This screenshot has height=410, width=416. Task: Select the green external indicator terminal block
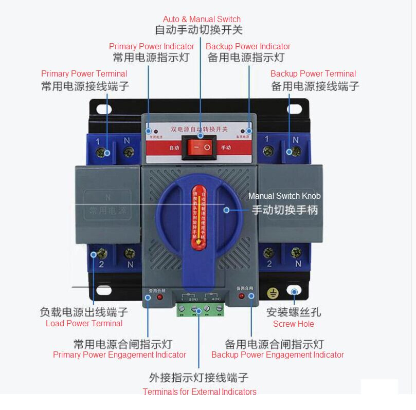[201, 309]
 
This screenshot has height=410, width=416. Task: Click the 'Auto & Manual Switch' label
[202, 20]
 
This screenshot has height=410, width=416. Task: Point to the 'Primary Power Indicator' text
[152, 46]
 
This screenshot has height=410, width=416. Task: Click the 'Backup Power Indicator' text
[248, 46]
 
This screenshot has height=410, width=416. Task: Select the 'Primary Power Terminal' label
[84, 74]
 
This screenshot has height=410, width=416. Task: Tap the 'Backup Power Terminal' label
[313, 74]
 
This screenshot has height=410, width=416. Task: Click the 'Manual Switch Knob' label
[284, 196]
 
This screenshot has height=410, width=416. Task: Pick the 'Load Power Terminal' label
[84, 323]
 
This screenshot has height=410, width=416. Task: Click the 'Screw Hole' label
[293, 324]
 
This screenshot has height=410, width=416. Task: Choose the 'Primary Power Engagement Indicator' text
[119, 355]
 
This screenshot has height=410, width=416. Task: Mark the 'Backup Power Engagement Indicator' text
[278, 355]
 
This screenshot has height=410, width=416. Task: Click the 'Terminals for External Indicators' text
[200, 392]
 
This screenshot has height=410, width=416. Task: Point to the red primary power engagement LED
[159, 297]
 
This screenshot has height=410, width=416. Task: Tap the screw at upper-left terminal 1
[107, 153]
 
